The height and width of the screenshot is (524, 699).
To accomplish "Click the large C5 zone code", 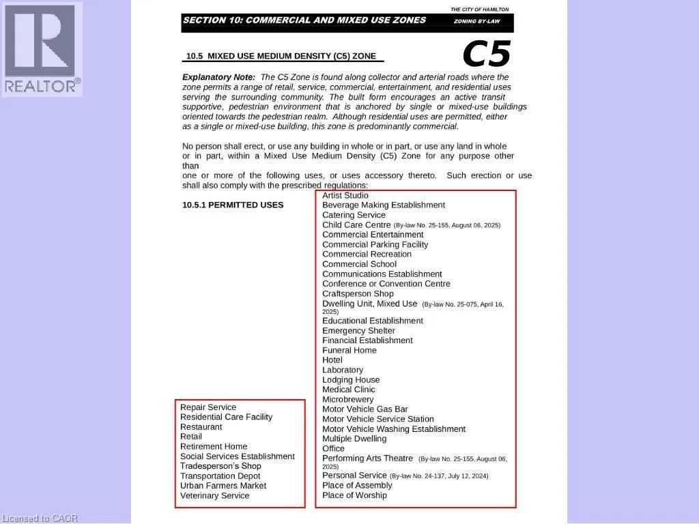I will [486, 54].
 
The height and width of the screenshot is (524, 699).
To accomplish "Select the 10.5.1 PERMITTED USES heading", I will [233, 205].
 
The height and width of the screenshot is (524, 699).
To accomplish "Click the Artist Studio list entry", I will [345, 195].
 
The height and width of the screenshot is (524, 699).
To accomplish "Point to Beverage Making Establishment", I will [384, 205].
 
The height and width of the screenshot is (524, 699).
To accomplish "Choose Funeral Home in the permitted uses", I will [349, 350].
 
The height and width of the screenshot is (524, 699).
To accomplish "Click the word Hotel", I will [332, 360].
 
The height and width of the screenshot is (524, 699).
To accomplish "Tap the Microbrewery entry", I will [348, 399].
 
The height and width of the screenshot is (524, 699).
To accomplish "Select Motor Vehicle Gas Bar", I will [365, 409].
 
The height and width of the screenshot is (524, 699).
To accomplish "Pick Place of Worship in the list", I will [354, 495].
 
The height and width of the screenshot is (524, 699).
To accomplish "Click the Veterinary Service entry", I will [215, 495].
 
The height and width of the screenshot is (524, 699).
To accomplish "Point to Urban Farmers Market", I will [223, 486].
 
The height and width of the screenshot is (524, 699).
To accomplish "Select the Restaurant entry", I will [201, 426].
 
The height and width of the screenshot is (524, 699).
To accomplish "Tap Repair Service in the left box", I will [208, 407].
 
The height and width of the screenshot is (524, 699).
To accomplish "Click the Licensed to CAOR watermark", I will [40, 519].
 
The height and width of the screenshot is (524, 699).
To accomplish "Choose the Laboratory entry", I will [343, 370].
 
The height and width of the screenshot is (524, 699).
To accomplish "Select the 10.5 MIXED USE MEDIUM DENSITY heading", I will [281, 56].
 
